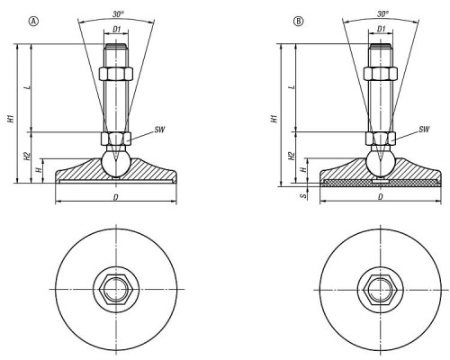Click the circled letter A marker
(33, 22)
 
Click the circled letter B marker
(298, 22)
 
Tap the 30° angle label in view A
(118, 13)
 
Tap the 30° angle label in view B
(382, 13)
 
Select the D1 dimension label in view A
(116, 29)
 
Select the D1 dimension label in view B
(381, 29)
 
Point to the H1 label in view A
(11, 118)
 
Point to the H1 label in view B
(274, 118)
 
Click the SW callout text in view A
(159, 130)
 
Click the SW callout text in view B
(424, 130)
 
